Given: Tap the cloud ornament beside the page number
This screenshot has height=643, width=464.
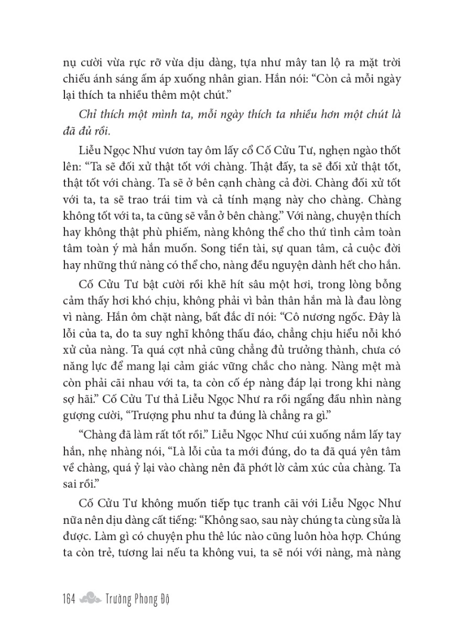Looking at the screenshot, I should click(91, 598).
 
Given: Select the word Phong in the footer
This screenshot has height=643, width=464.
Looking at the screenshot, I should click(141, 598).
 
